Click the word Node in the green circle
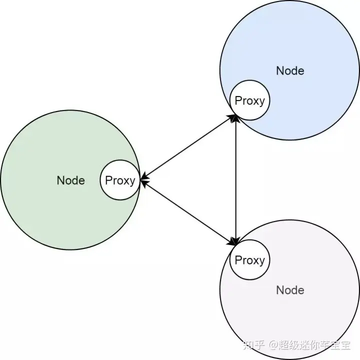[70, 180]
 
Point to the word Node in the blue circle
[290, 70]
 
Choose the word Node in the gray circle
[290, 290]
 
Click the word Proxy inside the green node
[120, 180]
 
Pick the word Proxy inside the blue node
[249, 101]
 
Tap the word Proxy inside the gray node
[249, 260]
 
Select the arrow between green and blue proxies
[187, 148]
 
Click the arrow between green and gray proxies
[187, 212]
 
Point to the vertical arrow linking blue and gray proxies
[235, 180]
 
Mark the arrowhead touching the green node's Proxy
[144, 180]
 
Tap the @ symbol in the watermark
[274, 345]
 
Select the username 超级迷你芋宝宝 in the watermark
[315, 345]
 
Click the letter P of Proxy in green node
[108, 180]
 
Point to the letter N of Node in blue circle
[279, 70]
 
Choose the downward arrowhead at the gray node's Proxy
[235, 241]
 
